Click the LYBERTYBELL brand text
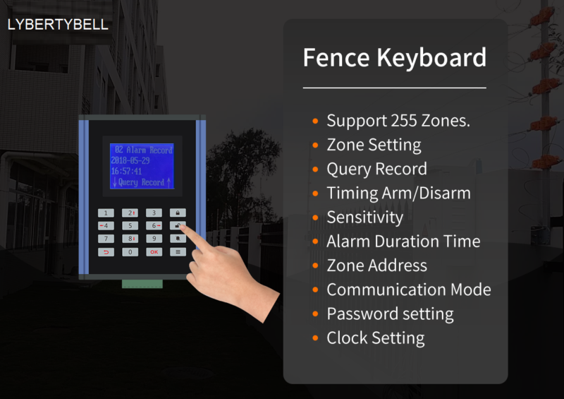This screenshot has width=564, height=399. tap(58, 24)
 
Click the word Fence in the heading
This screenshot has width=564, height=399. tap(333, 57)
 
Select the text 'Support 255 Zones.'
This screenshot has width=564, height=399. tap(398, 121)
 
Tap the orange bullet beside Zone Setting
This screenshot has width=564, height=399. tap(315, 145)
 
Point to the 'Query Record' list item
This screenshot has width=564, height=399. tap(376, 169)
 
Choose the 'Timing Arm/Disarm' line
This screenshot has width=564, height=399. tap(398, 193)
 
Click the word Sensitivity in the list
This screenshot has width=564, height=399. tap(364, 218)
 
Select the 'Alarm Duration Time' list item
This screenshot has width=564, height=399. tap(403, 242)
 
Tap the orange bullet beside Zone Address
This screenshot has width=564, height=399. tap(315, 266)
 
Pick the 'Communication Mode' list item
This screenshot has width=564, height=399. tap(408, 290)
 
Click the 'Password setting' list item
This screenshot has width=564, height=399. tap(390, 314)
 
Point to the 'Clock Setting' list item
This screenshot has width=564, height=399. tap(375, 338)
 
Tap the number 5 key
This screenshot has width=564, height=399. tap(130, 226)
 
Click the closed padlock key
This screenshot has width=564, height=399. tap(178, 213)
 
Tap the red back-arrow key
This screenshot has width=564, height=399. tap(106, 251)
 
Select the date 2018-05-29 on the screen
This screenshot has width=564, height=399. tap(131, 160)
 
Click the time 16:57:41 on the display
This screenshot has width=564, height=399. tap(127, 171)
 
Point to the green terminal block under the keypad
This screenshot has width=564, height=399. tap(142, 284)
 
